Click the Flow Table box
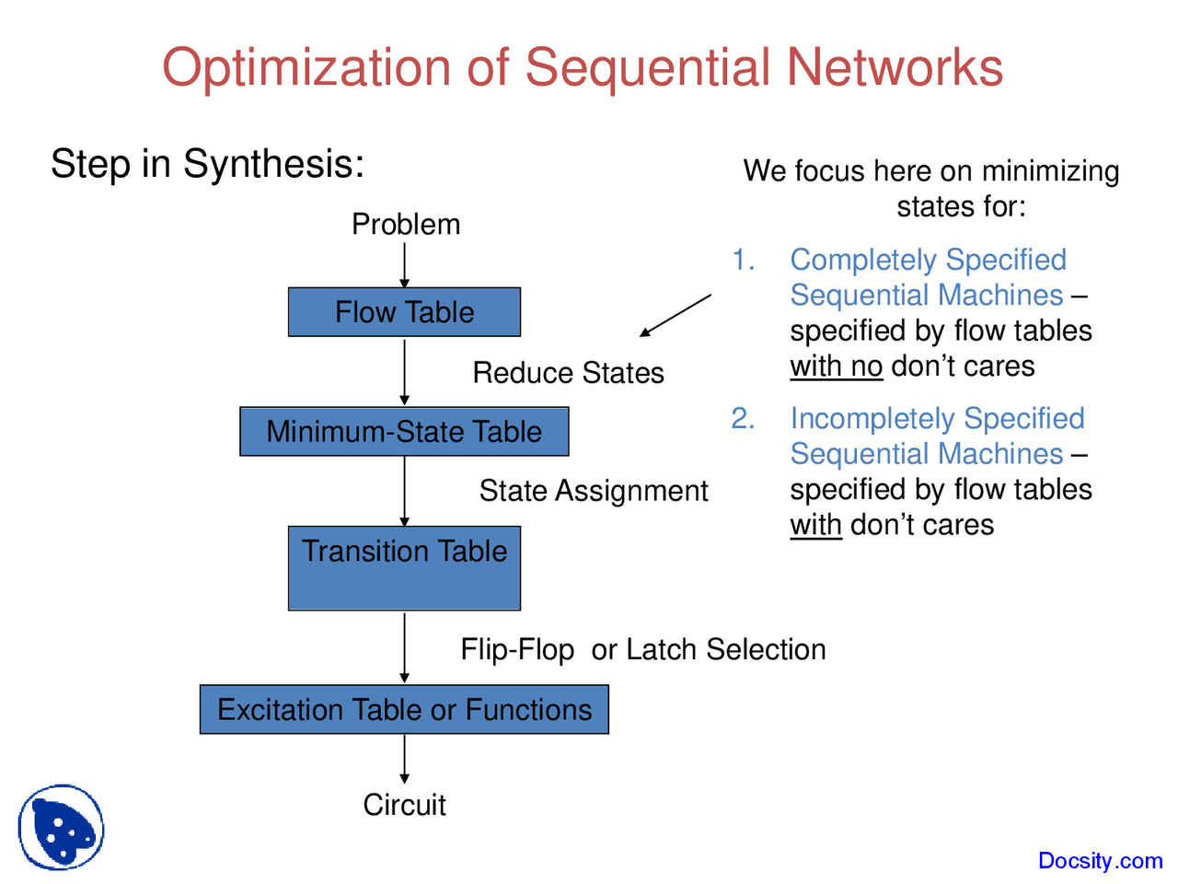coord(404,312)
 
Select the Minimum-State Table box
coord(404,432)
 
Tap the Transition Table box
coord(404,567)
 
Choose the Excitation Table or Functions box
coord(404,710)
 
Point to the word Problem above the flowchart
coord(406,225)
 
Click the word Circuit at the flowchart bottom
coord(404,805)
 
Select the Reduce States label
coord(568,373)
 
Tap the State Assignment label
coord(594,491)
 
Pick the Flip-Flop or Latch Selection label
coord(642,650)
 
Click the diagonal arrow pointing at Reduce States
coord(676,316)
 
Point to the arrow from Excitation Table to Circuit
coord(404,760)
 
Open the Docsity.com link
coord(1100,861)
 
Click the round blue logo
coord(61,827)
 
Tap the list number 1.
coord(743,261)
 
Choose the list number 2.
coord(743,419)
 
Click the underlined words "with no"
coord(836,366)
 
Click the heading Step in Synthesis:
coord(207,164)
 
